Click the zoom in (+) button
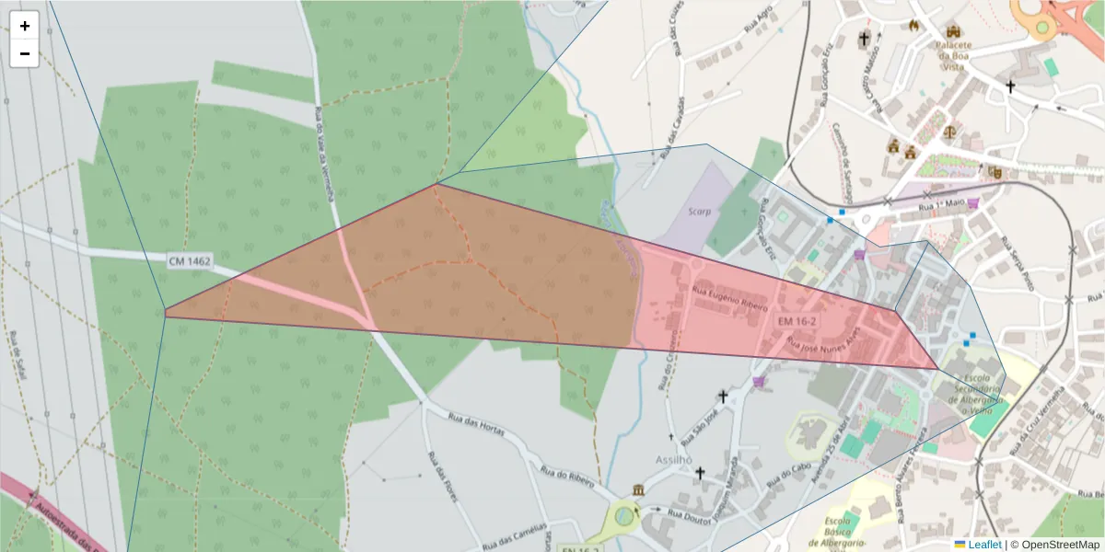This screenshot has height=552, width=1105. [25, 26]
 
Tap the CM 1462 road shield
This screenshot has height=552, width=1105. [190, 262]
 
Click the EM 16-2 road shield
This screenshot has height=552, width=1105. [797, 321]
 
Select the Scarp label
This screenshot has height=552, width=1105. [700, 212]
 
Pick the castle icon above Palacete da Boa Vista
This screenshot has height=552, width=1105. [952, 30]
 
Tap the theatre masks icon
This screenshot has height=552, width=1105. [994, 172]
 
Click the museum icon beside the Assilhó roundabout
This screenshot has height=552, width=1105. [638, 489]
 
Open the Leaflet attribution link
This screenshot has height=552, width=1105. [983, 545]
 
